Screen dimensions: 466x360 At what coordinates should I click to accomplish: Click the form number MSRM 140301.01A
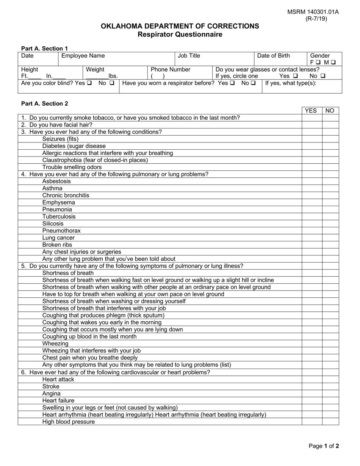313,12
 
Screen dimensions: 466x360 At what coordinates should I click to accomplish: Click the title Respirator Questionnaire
180,34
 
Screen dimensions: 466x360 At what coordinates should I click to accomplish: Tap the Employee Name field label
83,56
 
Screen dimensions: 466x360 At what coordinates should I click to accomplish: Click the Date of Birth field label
273,56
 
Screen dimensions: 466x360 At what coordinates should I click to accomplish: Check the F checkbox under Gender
318,63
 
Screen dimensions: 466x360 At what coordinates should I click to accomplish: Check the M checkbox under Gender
333,63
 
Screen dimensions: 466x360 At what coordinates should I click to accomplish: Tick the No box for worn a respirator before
253,83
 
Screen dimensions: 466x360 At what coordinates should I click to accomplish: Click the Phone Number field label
171,69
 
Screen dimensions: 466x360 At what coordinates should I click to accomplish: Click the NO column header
330,111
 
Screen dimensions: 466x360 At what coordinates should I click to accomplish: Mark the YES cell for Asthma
312,188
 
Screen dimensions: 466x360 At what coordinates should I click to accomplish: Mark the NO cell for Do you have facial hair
330,125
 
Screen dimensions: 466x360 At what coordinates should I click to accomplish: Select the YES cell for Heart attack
312,379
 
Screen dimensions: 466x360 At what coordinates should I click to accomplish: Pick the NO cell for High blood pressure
330,422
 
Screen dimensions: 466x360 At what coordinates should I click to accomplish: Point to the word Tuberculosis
59,217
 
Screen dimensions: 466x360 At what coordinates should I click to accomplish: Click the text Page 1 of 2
324,446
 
